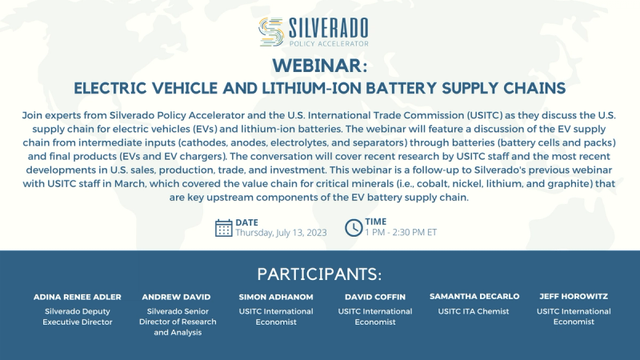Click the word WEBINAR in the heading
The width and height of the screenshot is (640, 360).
coord(319,65)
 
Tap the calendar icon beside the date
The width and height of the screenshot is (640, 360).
coord(224,228)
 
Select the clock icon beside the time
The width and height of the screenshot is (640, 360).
coord(354,228)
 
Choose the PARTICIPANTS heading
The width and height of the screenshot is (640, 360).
coord(320,273)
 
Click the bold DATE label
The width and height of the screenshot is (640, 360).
coord(248,222)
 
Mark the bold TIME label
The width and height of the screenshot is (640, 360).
coord(377,222)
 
